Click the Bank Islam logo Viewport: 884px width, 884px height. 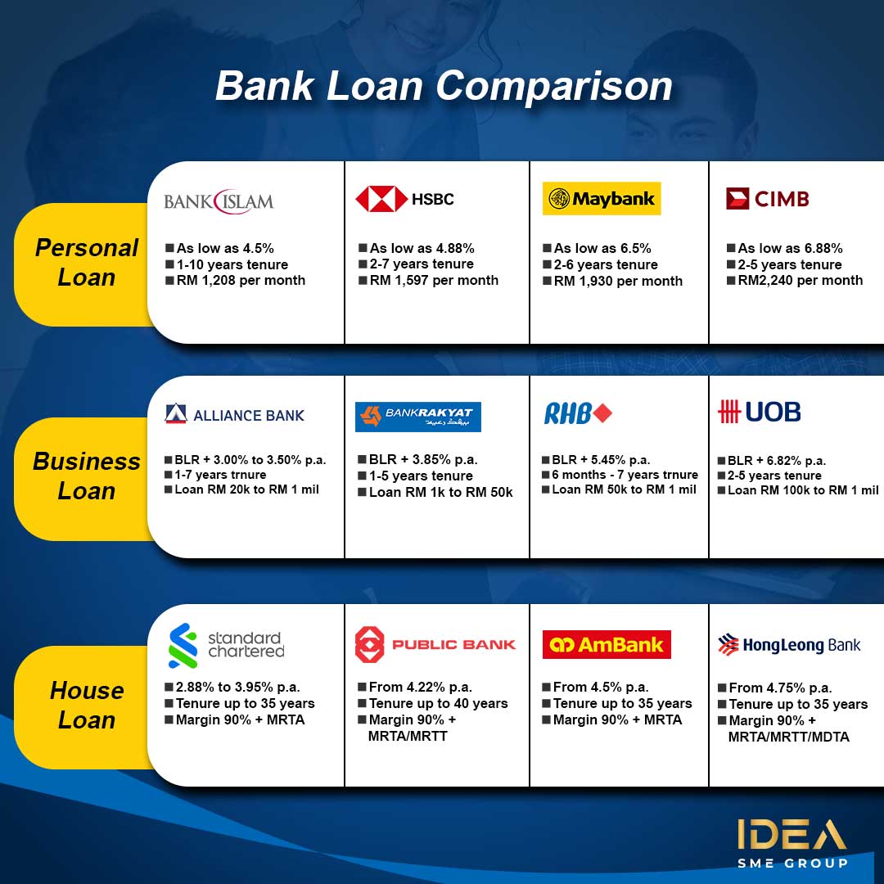coord(219,201)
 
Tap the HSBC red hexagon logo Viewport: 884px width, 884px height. coord(381,199)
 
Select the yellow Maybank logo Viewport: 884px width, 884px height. coord(602,198)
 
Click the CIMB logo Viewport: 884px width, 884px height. coord(767,198)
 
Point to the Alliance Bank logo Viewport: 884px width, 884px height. coord(234,414)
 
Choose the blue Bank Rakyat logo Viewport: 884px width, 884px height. coord(417,417)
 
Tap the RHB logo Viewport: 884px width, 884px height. coord(578,413)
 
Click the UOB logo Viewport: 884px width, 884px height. coord(759,412)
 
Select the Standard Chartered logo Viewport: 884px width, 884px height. coord(227,646)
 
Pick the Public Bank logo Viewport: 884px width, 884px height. coord(435,644)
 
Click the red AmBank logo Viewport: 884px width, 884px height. coord(607,644)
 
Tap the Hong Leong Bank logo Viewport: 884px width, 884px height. coord(789,645)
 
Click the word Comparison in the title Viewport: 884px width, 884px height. coord(554,87)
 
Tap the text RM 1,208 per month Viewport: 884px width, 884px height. coord(241,280)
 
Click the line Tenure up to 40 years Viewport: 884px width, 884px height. coord(438,703)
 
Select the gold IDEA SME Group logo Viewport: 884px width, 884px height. coord(792,842)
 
